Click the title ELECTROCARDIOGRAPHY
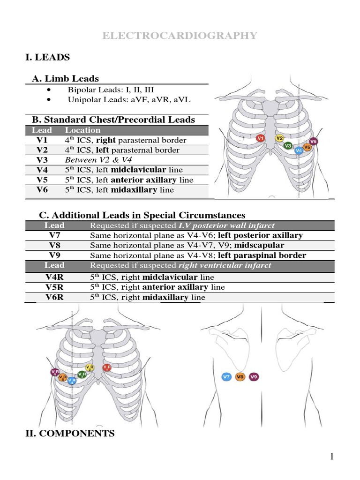coord(180,36)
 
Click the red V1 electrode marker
coord(261,138)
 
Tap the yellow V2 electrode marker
coord(279,138)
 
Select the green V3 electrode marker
coord(288,146)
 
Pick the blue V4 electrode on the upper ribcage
coord(299,150)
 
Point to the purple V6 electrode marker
coord(314,141)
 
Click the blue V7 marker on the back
coord(226,376)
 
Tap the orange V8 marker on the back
coord(240,376)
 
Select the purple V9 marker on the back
coord(254,376)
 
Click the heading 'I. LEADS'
coord(47,57)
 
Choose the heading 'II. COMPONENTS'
coord(69,434)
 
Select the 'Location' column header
coord(82,130)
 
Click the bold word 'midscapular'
coord(259,245)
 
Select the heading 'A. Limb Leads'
coord(65,79)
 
